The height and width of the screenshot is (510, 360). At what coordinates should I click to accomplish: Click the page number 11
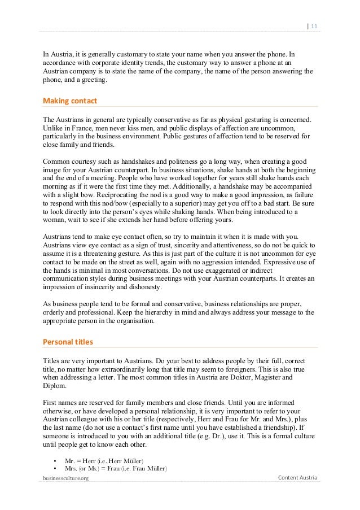(x=314, y=25)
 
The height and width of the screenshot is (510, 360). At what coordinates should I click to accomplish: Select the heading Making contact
(x=70, y=101)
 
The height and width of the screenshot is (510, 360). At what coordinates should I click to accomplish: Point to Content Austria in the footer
(x=298, y=478)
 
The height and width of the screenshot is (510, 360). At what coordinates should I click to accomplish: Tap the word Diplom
(x=55, y=387)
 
